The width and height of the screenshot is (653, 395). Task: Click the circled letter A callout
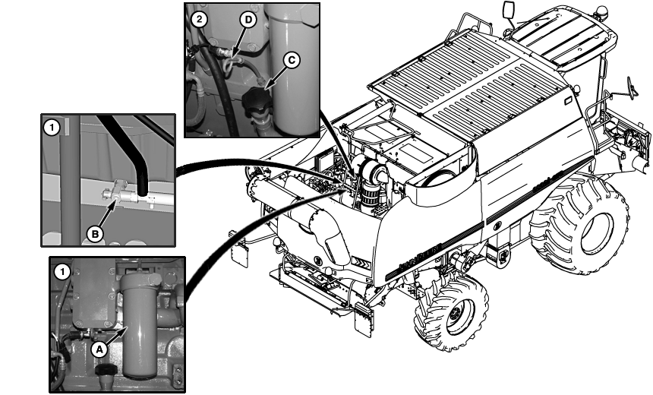pos(99,349)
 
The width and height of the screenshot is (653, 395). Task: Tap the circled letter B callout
pos(95,234)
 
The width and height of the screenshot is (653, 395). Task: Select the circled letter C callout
pos(292,61)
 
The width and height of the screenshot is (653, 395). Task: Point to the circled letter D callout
pos(248,21)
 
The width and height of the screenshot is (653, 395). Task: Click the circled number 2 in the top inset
pos(200,19)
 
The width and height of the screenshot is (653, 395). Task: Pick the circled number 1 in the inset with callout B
pos(52,128)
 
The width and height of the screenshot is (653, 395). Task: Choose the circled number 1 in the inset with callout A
pos(62,272)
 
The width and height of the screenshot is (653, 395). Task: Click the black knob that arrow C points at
pos(256,101)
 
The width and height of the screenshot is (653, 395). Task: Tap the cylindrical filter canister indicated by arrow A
pos(139,326)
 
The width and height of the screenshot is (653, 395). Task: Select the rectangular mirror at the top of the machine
pos(509,10)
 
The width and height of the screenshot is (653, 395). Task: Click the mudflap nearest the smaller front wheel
pos(364,319)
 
